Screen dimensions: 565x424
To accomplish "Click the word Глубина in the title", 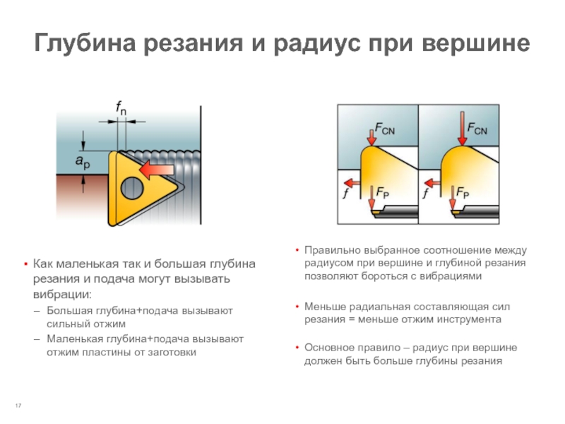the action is (x=85, y=43).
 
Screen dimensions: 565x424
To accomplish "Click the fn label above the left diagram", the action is (x=121, y=107).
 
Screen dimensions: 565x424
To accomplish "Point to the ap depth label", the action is (x=83, y=162).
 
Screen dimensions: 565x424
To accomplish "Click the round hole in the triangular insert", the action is (x=132, y=188).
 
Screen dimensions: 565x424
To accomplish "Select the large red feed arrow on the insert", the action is (x=157, y=170).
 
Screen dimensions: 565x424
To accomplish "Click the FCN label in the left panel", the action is (x=384, y=129).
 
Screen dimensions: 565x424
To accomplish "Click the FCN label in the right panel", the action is (x=477, y=129).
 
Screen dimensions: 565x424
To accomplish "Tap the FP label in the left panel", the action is (x=382, y=192).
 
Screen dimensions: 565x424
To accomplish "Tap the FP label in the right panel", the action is (x=463, y=192).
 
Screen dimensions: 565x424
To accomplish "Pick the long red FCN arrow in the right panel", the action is (x=462, y=129).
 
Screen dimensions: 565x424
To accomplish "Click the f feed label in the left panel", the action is (x=346, y=194).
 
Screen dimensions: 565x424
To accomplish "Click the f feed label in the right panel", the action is (x=426, y=194).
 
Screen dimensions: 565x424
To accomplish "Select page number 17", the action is (x=18, y=406).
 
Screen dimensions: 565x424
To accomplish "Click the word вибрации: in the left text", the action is (x=63, y=294).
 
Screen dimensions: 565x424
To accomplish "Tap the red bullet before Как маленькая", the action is (x=25, y=264).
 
